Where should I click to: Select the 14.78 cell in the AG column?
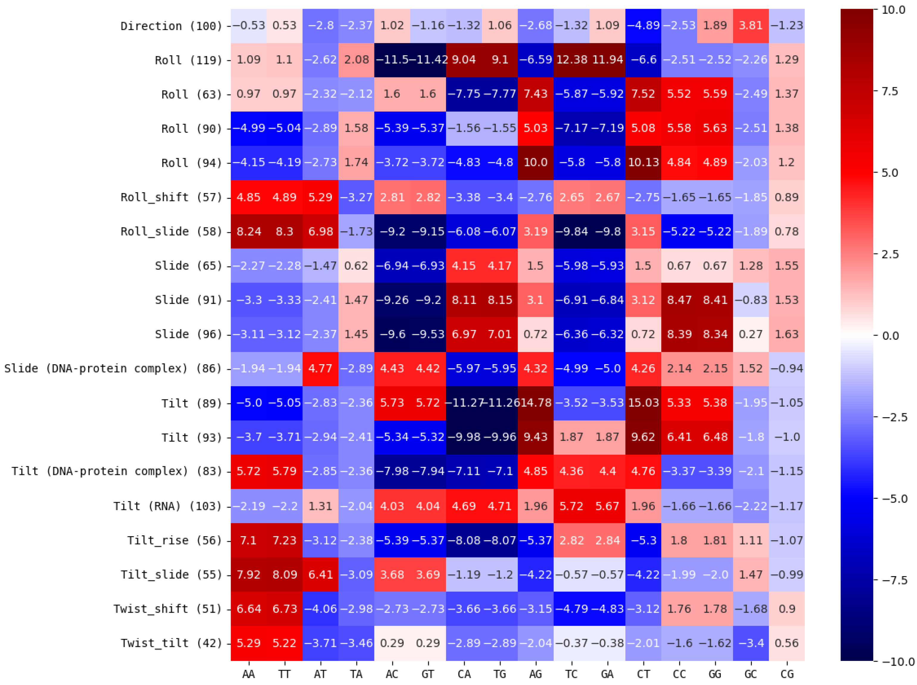pos(536,403)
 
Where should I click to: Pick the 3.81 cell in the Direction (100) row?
pos(751,26)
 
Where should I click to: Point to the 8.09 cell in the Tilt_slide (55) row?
pos(285,575)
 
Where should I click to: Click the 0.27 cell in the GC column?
pos(751,334)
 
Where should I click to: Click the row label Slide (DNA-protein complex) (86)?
pos(113,368)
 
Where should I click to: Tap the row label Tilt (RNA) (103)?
pos(168,506)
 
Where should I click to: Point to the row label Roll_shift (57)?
pos(172,197)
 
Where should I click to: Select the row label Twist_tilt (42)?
pos(172,643)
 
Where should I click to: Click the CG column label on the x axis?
pos(787,675)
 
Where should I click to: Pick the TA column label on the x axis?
pos(356,675)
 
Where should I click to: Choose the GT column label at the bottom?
pos(428,675)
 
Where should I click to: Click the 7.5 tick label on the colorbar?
pos(890,91)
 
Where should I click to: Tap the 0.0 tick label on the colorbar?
pos(890,336)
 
